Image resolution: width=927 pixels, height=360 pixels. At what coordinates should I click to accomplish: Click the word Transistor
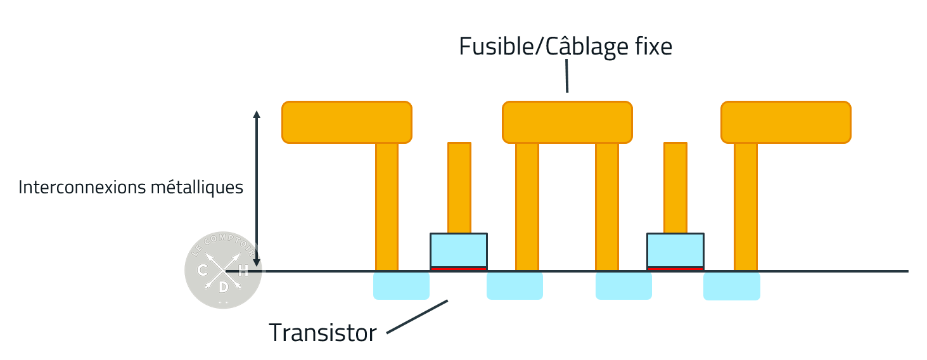coord(323,332)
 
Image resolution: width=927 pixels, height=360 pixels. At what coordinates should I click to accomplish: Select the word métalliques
coord(203,188)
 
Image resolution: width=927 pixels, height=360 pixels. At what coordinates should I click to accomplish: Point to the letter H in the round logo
coord(243,271)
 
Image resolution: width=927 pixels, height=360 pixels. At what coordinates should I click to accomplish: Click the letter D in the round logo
coord(223,287)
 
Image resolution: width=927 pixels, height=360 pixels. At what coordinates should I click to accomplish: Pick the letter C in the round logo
coord(203,271)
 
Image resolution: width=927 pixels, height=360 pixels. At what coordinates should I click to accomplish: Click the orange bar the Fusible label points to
coord(567,122)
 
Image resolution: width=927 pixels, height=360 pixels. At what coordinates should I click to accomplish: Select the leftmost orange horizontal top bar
coord(347,122)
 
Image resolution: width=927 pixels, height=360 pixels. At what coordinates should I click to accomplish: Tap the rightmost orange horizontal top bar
coord(786,122)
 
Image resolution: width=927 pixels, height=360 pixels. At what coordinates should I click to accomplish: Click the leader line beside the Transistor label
coord(417,316)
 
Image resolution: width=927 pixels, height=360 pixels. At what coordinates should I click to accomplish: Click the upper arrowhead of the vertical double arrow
coord(257,115)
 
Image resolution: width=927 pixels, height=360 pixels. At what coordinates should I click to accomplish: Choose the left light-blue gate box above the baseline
coord(459,250)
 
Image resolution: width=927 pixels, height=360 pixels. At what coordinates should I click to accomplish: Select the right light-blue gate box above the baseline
coord(675,250)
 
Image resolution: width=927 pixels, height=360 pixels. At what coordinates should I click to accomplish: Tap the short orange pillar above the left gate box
coord(459,188)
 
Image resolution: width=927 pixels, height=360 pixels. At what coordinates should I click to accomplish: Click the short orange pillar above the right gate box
coord(675,188)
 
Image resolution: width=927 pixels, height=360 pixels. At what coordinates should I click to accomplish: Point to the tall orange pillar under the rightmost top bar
coord(746,206)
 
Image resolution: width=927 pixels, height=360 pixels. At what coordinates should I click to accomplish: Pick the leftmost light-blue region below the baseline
coord(401,286)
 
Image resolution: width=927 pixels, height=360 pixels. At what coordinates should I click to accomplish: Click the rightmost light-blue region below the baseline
coord(732,286)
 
